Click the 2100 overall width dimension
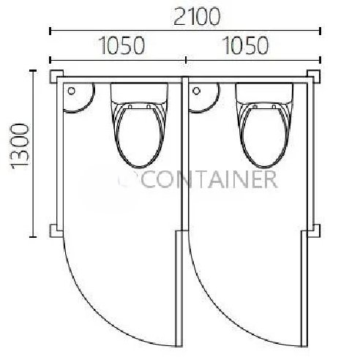(197, 17)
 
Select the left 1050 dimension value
(122, 45)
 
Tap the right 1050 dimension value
(246, 45)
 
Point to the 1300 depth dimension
(20, 146)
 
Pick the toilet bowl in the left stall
(139, 135)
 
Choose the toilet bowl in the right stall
(264, 135)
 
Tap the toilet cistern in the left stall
(139, 93)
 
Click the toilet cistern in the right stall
(264, 93)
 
